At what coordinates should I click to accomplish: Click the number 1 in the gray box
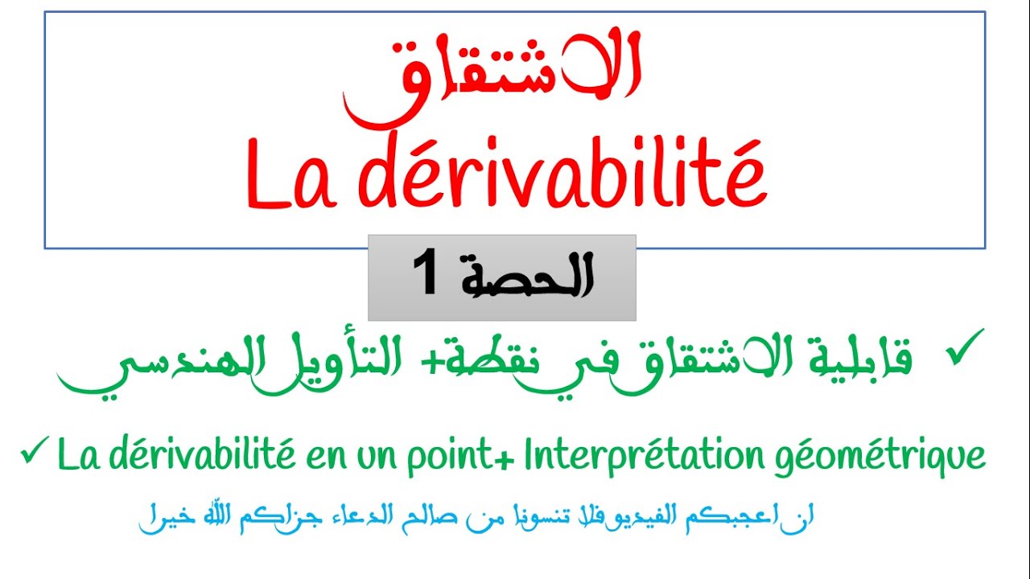click(426, 273)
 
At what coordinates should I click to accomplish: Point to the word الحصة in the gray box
click(526, 276)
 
